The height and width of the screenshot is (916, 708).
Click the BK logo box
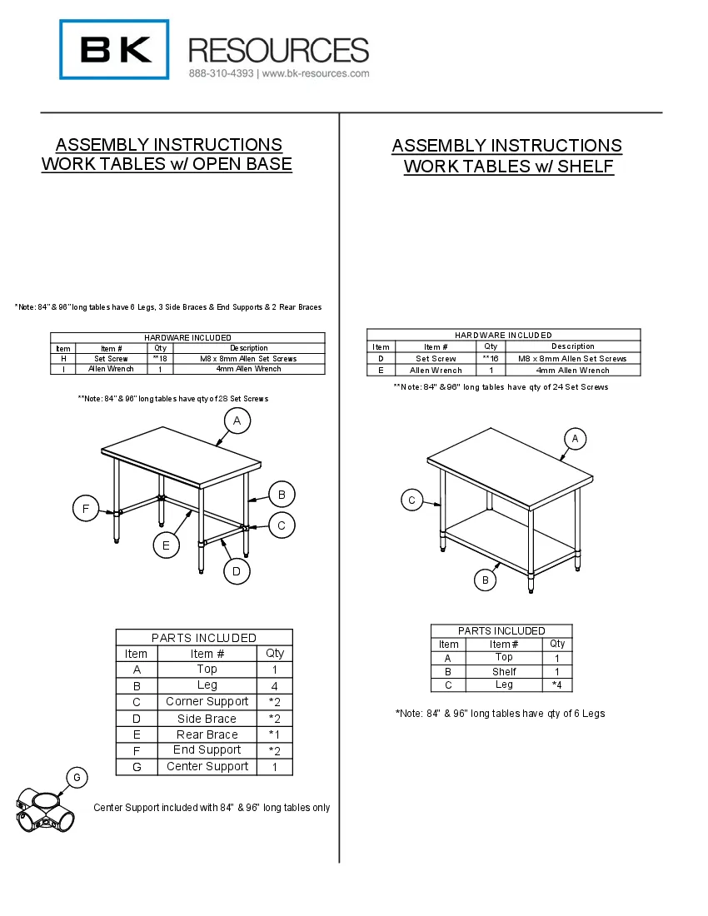tap(114, 50)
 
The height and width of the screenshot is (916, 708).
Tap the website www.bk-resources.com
tap(317, 73)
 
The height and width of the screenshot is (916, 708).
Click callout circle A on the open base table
tap(237, 421)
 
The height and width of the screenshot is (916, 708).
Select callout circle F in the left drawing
tap(86, 508)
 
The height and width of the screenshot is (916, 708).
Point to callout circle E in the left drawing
tap(167, 545)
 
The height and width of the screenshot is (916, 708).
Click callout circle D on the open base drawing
tap(237, 571)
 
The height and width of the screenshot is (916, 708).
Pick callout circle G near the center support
tap(76, 778)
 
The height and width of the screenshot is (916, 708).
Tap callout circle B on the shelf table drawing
tap(486, 580)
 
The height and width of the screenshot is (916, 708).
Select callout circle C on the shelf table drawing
tap(412, 500)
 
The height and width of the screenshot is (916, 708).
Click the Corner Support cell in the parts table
tap(207, 702)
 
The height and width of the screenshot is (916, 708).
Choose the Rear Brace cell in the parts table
tap(207, 734)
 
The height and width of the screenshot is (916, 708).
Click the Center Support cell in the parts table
tap(207, 766)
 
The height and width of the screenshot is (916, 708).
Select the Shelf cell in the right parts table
tap(504, 671)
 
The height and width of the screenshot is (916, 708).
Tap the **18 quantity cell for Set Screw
tap(160, 359)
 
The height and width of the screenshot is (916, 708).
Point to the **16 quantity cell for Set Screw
tap(491, 358)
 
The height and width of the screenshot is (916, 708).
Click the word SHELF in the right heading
tap(586, 167)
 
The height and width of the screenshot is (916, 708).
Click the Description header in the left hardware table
tap(249, 348)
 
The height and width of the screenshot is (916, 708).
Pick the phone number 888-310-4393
tap(222, 73)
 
